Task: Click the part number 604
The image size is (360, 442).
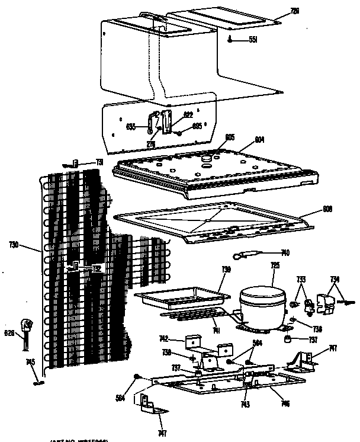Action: pyautogui.click(x=259, y=140)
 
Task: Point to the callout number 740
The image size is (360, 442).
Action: pyautogui.click(x=285, y=253)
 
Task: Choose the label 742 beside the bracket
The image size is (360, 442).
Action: pyautogui.click(x=164, y=339)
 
